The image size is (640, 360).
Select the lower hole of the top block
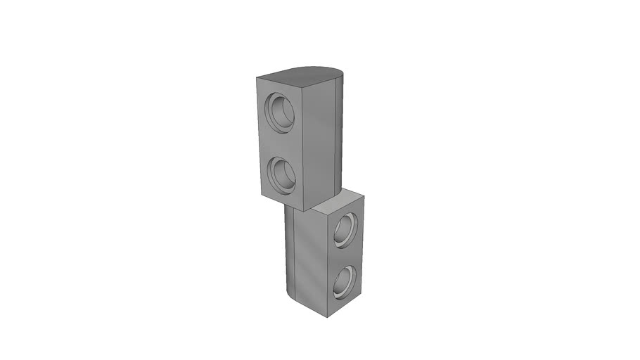[x=283, y=175]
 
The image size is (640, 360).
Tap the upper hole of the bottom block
[x=345, y=230]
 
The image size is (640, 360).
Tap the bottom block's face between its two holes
[x=345, y=257]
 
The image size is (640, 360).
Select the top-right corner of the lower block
[x=364, y=196]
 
